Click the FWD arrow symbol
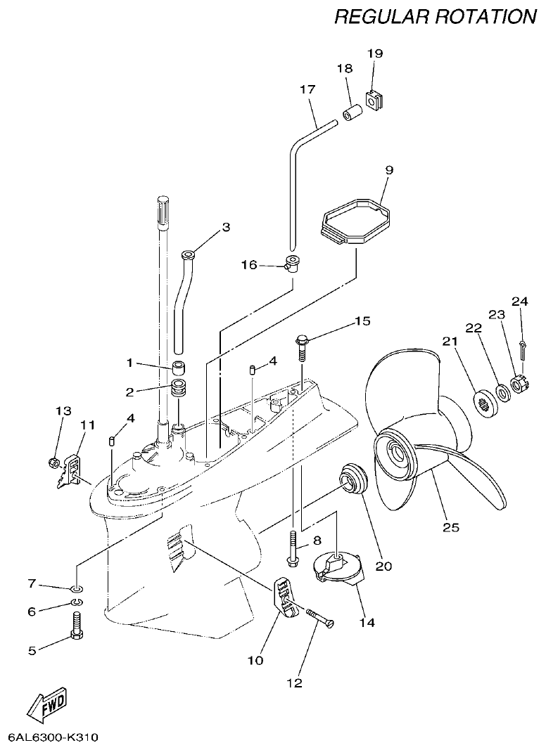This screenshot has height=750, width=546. pyautogui.click(x=49, y=702)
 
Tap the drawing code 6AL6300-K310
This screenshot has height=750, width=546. pyautogui.click(x=53, y=737)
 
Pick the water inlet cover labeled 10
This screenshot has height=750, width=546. pyautogui.click(x=285, y=595)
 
